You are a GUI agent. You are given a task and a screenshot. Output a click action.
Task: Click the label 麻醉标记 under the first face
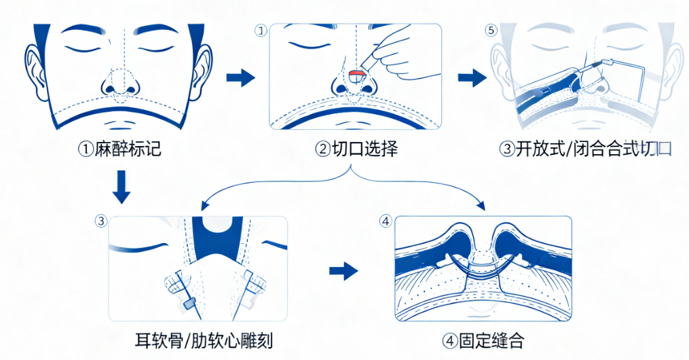pos(119,149)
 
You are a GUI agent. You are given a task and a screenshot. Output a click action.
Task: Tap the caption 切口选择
pos(356,149)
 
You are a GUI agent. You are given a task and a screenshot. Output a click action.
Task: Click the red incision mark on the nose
pos(355,73)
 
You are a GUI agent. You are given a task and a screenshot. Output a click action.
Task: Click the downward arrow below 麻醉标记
pos(121,187)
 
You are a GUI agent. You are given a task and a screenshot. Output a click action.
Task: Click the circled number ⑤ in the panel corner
pos(491,31)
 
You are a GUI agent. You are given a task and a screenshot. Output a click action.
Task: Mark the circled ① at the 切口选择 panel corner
pos(260,31)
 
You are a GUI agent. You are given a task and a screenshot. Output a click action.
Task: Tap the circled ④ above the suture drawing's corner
pos(386,221)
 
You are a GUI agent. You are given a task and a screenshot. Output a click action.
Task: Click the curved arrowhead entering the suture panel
pos(482,205)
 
